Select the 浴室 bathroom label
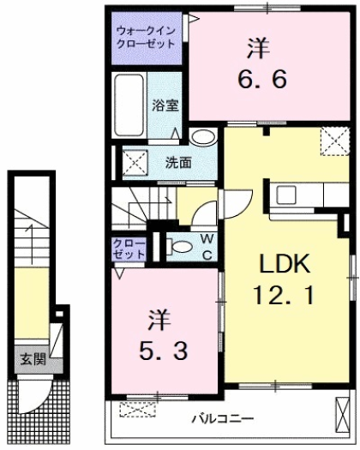pos(165,105)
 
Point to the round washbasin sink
pos(202,137)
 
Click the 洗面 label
pos(178,160)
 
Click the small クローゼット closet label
pos(129,249)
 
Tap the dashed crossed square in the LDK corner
pos(334,140)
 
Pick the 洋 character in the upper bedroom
pos(255,44)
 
